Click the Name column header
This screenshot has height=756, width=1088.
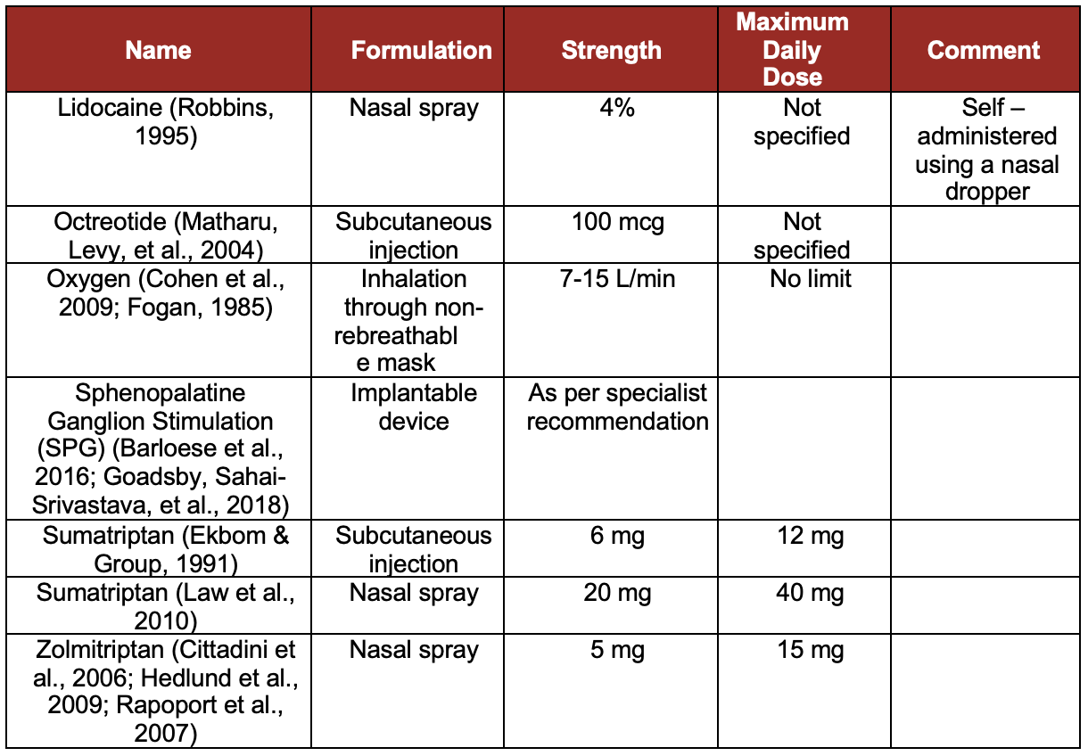click(159, 50)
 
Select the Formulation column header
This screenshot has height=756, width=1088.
click(421, 50)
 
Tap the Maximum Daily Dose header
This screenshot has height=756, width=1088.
click(793, 49)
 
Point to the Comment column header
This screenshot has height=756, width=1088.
click(984, 50)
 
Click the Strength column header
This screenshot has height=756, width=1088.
click(612, 50)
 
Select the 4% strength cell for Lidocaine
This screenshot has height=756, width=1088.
click(612, 108)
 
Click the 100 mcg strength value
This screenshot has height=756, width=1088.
click(617, 222)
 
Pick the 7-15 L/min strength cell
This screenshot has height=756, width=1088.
click(617, 279)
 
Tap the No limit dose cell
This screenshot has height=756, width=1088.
click(810, 279)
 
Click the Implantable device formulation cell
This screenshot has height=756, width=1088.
click(414, 407)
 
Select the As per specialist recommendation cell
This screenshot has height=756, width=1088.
click(617, 407)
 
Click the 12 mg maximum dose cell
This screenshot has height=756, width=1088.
click(810, 536)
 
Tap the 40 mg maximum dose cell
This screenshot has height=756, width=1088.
click(810, 593)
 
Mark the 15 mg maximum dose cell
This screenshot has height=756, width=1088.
click(810, 650)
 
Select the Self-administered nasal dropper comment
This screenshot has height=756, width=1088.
click(985, 150)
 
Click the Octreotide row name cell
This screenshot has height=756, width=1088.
click(159, 235)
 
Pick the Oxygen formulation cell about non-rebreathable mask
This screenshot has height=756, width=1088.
click(414, 321)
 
